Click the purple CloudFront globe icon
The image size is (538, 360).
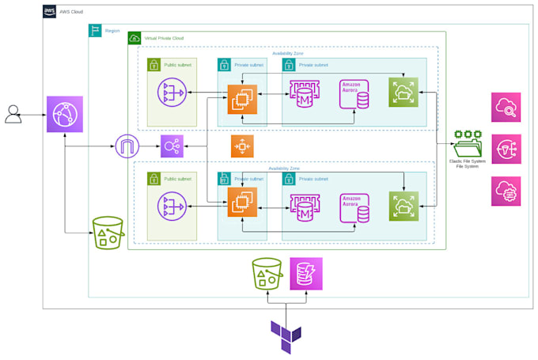[64, 116]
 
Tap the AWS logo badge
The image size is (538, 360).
[50, 12]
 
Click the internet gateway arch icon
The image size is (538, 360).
[127, 146]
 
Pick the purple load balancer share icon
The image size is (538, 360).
[172, 146]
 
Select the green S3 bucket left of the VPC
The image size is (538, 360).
[109, 232]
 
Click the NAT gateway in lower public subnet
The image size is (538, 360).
[172, 203]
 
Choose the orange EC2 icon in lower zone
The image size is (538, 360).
[242, 203]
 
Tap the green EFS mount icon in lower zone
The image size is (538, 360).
[403, 205]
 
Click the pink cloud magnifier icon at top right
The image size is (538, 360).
[506, 108]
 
